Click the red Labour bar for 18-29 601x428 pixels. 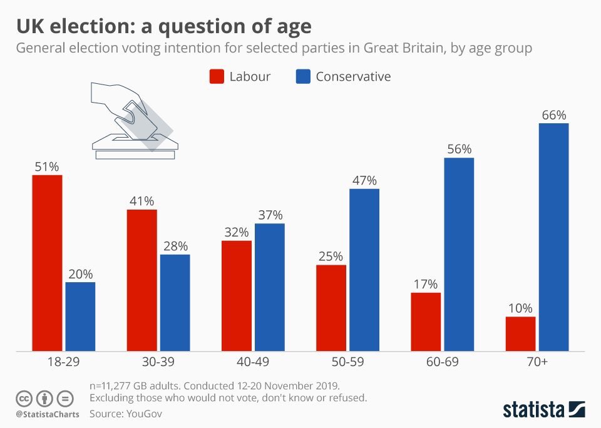coord(48,263)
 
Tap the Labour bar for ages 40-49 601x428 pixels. coord(237,295)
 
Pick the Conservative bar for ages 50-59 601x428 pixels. coord(364,270)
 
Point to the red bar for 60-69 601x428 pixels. coord(426,322)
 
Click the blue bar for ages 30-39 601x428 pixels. coord(175,303)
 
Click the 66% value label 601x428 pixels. coord(553,115)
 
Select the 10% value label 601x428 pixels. coord(520,308)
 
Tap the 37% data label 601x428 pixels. coord(269,215)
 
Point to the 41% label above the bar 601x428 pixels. coord(142,201)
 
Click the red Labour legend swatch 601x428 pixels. coord(216,77)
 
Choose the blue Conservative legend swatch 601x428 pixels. coord(302,77)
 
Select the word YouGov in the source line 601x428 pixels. coord(143,414)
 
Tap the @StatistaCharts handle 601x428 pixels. coord(48,414)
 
